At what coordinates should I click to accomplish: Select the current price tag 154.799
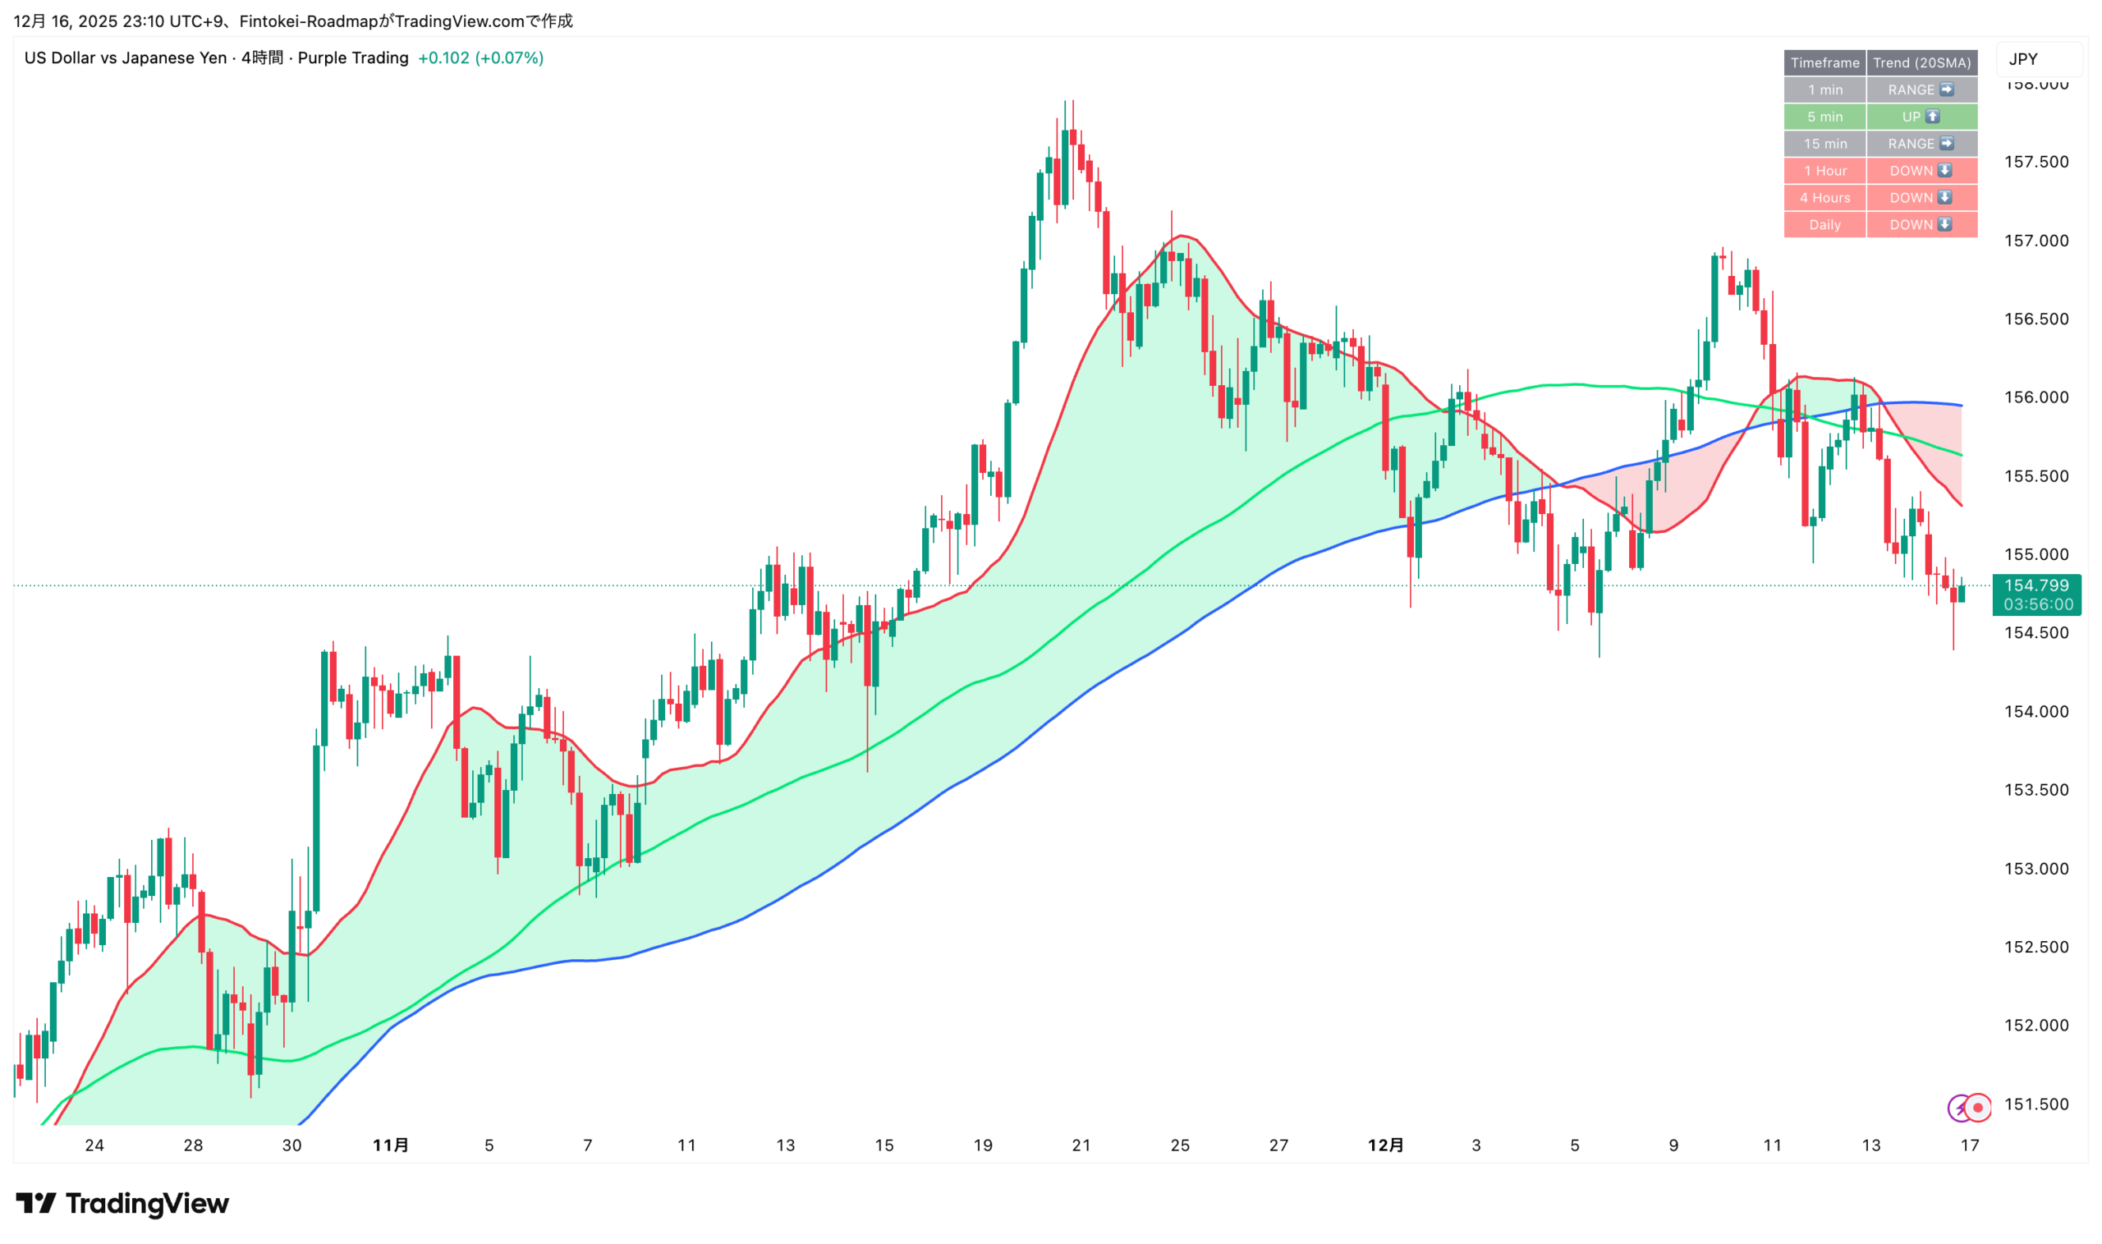pos(2035,586)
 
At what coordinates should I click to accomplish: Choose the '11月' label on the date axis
pos(391,1145)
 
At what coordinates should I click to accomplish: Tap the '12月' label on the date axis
pos(1385,1145)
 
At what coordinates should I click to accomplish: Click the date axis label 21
pos(1081,1145)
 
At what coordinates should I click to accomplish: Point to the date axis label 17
pos(1969,1145)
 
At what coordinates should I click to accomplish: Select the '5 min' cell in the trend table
pos(1824,117)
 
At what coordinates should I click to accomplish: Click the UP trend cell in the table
pos(1921,117)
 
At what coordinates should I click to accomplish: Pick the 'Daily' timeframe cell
pos(1824,225)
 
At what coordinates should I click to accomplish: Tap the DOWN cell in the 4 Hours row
pos(1921,198)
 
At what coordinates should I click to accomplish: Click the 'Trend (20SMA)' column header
pos(1921,63)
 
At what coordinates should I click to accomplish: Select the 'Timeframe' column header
pos(1824,63)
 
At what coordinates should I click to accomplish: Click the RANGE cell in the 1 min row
pos(1921,90)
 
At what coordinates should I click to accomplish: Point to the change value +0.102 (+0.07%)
pos(480,57)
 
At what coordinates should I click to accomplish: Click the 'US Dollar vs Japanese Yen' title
pos(126,57)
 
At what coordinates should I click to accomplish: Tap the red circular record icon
pos(1978,1109)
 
